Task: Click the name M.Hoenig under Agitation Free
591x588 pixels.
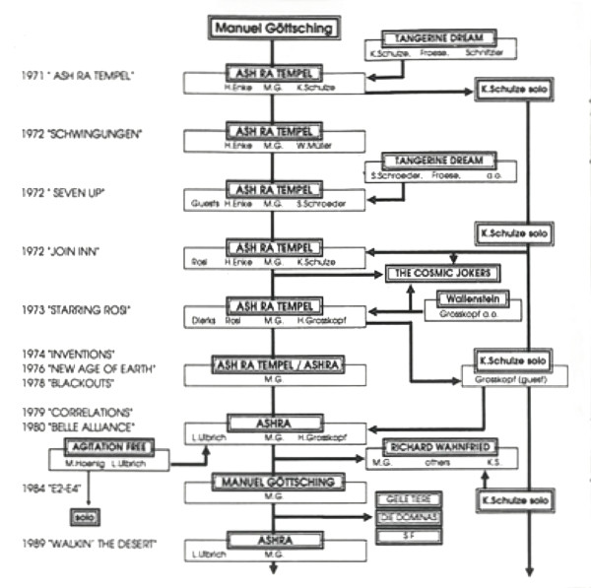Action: pos(76,462)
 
